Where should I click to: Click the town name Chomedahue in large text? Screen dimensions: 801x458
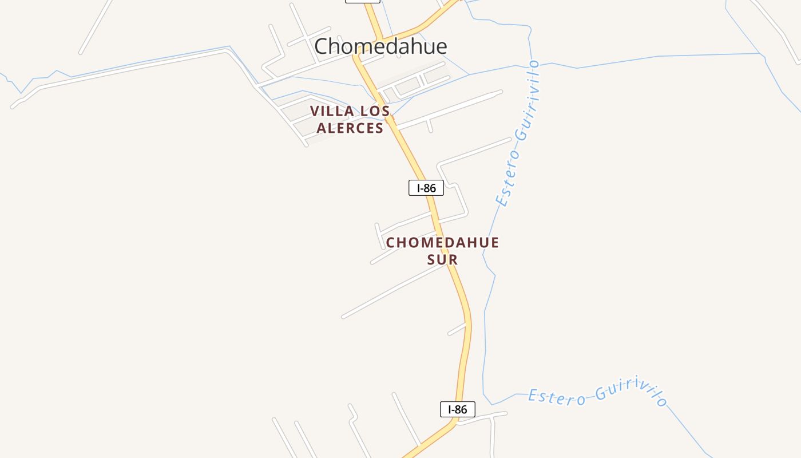pos(380,46)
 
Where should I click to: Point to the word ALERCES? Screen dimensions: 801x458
pos(350,128)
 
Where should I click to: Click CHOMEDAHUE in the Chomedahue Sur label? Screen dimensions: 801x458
pos(442,243)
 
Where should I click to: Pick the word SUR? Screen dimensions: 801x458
pos(443,260)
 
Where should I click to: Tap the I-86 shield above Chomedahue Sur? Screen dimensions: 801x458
pos(426,187)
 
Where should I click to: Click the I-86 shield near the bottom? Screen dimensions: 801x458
pos(458,409)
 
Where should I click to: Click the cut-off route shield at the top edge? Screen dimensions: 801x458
pos(363,1)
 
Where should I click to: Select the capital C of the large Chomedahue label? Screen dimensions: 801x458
pos(322,46)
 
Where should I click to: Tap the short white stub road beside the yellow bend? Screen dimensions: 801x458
pos(457,329)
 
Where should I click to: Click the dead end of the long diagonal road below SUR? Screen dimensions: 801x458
pos(344,316)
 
